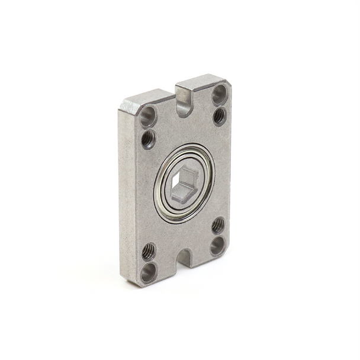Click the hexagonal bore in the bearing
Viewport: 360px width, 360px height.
pyautogui.click(x=185, y=183)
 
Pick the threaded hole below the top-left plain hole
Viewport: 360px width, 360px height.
pyautogui.click(x=148, y=139)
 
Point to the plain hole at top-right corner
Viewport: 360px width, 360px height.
pyautogui.click(x=219, y=93)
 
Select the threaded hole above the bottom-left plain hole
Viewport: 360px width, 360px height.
pyautogui.click(x=149, y=252)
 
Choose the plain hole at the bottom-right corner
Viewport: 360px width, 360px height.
pyautogui.click(x=217, y=245)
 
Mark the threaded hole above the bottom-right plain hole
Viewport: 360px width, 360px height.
pyautogui.click(x=218, y=224)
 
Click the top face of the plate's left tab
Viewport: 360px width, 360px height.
pyautogui.click(x=148, y=97)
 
